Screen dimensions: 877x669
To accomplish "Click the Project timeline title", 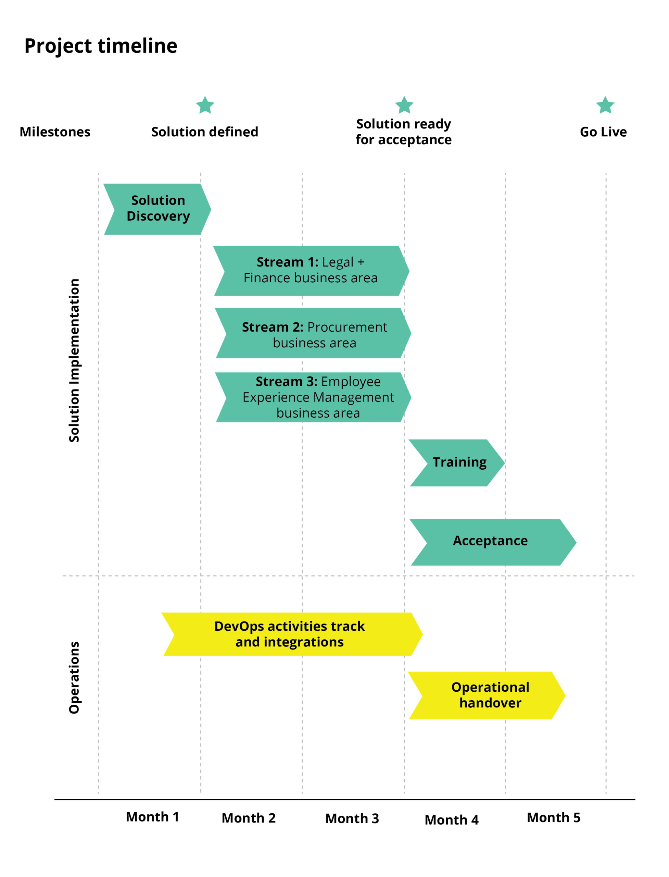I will tap(101, 46).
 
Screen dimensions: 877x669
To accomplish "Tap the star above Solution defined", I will tap(205, 106).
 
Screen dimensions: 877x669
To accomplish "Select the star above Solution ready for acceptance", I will tap(404, 106).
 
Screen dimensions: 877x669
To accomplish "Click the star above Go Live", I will tap(605, 106).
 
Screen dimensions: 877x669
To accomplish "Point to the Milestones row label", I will tap(55, 132).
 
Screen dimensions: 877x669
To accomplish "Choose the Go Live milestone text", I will tap(603, 132).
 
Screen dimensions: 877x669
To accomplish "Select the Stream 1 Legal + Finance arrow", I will tap(311, 271).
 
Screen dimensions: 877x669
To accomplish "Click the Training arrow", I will tap(458, 462).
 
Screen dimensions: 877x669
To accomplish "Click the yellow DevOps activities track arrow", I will tap(291, 634).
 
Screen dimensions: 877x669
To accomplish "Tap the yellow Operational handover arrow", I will tap(488, 695).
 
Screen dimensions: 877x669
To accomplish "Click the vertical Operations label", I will tap(74, 677).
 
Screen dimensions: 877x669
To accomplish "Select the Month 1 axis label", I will tap(152, 817).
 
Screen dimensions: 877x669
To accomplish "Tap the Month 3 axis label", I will tap(352, 818).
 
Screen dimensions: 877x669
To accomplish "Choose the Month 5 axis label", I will tap(554, 818).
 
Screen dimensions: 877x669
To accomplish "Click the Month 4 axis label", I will tap(452, 820).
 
